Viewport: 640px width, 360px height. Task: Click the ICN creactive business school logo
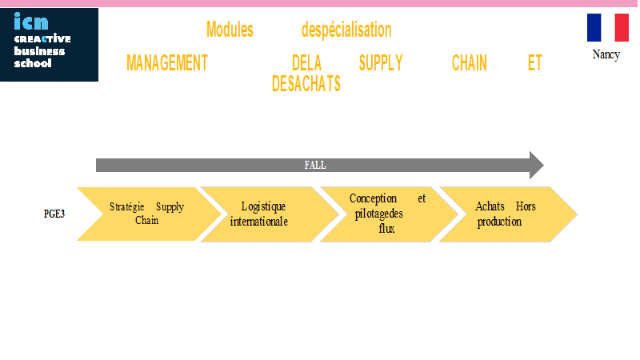coord(49,45)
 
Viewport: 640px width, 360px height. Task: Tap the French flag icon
coord(608,27)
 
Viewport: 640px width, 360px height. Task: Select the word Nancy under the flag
coord(606,54)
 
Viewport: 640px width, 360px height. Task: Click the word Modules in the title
coord(230,30)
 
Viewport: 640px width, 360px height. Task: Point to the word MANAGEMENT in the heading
coord(167,63)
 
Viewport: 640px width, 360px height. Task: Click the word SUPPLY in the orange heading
coord(381,63)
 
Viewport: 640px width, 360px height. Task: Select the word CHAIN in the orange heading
coord(470,63)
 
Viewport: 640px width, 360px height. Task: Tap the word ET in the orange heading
coord(534,63)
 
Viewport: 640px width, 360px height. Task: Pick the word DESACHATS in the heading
coord(306,84)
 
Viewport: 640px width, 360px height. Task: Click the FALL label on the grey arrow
coord(315,166)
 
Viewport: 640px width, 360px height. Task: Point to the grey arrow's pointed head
coord(543,166)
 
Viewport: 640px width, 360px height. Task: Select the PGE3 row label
coord(54,214)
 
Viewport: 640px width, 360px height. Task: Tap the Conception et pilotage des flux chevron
coord(389,214)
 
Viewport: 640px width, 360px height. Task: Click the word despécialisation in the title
coord(346,30)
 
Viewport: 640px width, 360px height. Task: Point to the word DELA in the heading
coord(306,63)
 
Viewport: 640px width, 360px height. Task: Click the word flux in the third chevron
coord(386,229)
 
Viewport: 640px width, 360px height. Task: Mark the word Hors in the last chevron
coord(526,206)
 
